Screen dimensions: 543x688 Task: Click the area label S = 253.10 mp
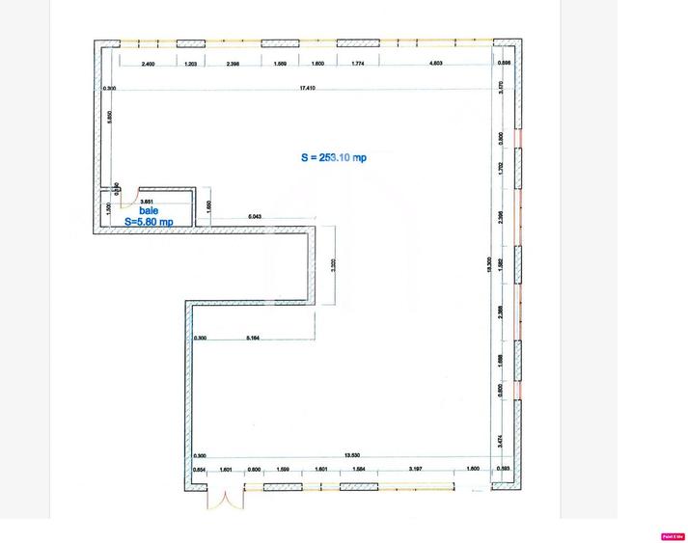pos(334,157)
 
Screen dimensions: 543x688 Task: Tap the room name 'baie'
pos(149,210)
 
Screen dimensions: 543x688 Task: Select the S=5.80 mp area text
pos(149,222)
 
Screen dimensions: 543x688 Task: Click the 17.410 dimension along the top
pos(308,88)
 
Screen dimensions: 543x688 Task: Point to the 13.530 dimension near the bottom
pos(352,456)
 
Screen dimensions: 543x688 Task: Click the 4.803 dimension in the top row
pos(435,64)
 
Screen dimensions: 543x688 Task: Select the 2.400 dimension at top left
pos(148,64)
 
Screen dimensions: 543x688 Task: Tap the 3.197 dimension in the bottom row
pos(415,469)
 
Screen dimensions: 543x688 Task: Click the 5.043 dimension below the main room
pos(255,217)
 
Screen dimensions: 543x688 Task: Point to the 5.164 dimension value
pos(254,338)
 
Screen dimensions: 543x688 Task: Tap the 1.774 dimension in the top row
pos(358,64)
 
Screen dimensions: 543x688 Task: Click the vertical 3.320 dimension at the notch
pos(333,267)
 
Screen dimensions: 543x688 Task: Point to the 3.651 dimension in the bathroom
pos(148,201)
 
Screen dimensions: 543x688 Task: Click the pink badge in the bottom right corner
pos(672,536)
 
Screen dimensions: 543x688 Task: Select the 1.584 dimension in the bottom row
pos(359,469)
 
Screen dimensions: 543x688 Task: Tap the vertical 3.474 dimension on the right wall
pos(500,440)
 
